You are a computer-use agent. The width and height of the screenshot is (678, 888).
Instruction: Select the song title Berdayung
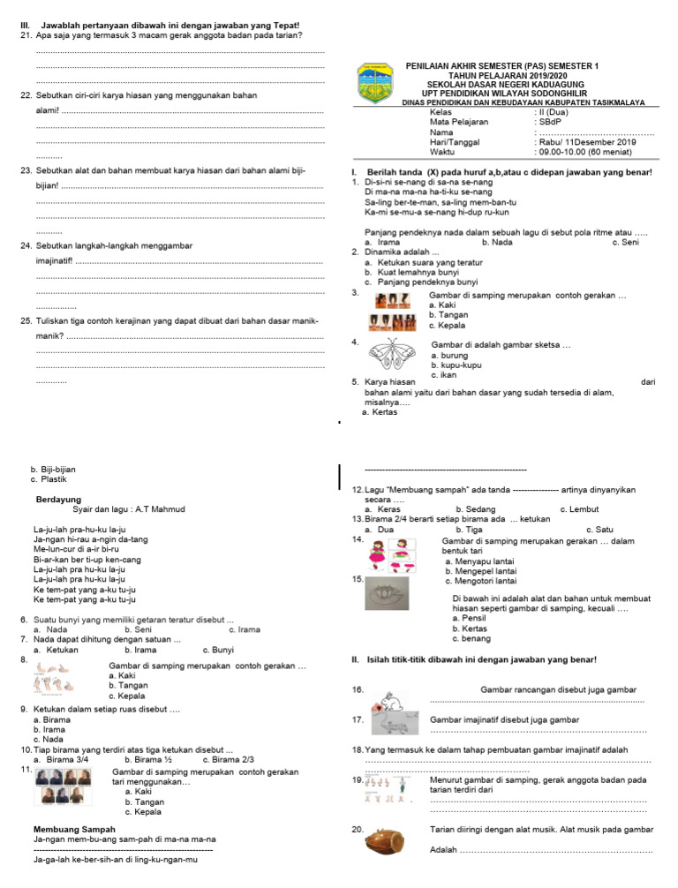(x=58, y=500)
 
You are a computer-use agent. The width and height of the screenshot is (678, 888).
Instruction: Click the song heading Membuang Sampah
(x=77, y=830)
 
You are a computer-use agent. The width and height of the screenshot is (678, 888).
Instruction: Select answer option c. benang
(x=466, y=638)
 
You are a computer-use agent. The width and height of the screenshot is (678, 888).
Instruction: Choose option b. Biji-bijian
(x=53, y=470)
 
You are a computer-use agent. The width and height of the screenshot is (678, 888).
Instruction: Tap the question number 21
(x=26, y=34)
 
